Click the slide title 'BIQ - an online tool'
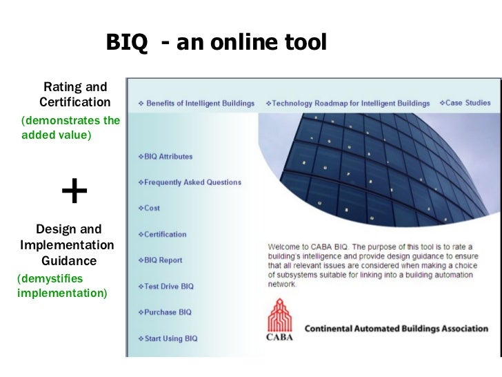[x=215, y=43]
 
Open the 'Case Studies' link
[x=467, y=103]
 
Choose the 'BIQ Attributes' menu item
[x=168, y=157]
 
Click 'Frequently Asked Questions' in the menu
[x=192, y=182]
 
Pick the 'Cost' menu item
[x=152, y=208]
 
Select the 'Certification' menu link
[x=165, y=234]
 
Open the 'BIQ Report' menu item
[x=163, y=260]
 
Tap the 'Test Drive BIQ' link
[x=169, y=286]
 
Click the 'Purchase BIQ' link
[x=168, y=312]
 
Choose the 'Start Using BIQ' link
[x=171, y=338]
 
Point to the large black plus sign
[x=74, y=191]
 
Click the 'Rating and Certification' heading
[x=74, y=95]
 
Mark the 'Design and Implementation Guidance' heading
[x=68, y=245]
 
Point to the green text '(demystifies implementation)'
[x=60, y=285]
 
